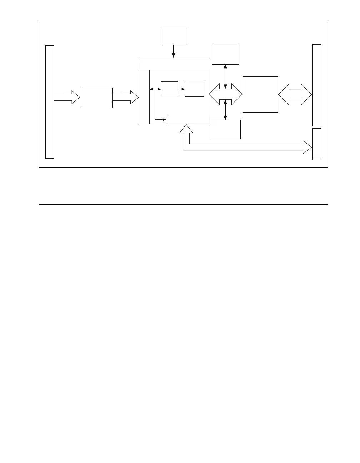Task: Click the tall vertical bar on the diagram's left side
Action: tap(50, 102)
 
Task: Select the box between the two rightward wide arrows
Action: tap(96, 98)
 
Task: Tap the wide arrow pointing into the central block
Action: tap(125, 97)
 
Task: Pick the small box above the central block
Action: tap(173, 36)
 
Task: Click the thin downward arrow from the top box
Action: tap(173, 51)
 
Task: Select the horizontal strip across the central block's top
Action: tap(173, 64)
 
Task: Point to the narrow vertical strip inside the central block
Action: tap(144, 97)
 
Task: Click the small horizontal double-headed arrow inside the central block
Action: tap(155, 89)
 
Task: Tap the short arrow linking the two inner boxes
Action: tap(181, 89)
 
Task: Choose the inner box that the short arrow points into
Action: tap(195, 89)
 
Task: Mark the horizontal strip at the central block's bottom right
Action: tap(187, 119)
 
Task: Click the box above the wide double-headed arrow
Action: tap(225, 55)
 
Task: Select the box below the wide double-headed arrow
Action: tap(225, 129)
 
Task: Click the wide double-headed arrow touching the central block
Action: tap(225, 94)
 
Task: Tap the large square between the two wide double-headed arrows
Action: tap(260, 94)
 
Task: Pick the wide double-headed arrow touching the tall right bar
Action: tap(295, 95)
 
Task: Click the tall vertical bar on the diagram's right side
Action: tap(316, 85)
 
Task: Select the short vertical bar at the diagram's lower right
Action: tap(316, 144)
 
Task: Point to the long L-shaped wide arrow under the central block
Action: tap(243, 147)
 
